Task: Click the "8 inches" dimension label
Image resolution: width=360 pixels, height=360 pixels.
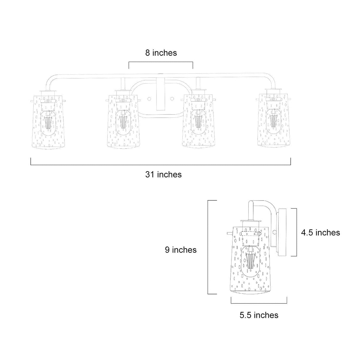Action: (x=161, y=53)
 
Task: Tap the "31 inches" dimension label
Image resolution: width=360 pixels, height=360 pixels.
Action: (x=163, y=175)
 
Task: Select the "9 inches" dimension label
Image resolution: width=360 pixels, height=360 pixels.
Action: (x=181, y=250)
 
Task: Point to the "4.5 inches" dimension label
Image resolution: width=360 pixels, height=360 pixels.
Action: (x=320, y=233)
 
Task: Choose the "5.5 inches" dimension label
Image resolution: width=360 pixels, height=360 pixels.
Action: (x=259, y=315)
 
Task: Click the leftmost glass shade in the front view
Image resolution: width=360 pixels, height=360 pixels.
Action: (x=48, y=122)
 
